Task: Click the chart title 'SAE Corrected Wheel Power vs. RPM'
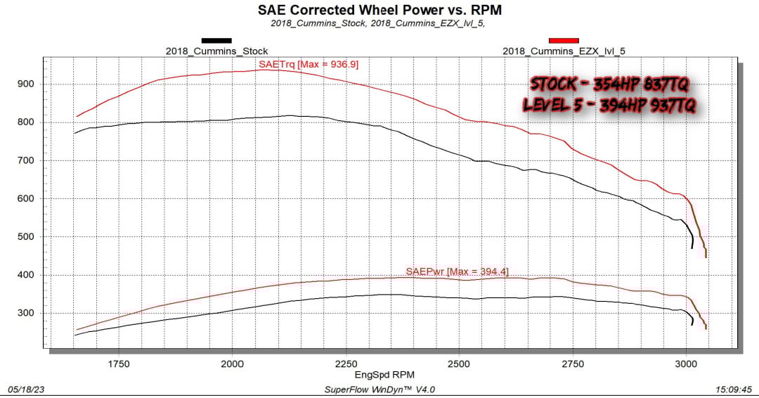(x=379, y=10)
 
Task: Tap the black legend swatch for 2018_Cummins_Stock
(x=216, y=41)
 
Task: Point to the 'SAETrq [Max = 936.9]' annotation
(x=309, y=64)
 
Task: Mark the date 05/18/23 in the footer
(x=24, y=389)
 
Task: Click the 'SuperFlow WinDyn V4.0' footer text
(x=380, y=389)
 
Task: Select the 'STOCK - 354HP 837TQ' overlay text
(x=609, y=84)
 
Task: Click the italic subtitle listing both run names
(x=379, y=23)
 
